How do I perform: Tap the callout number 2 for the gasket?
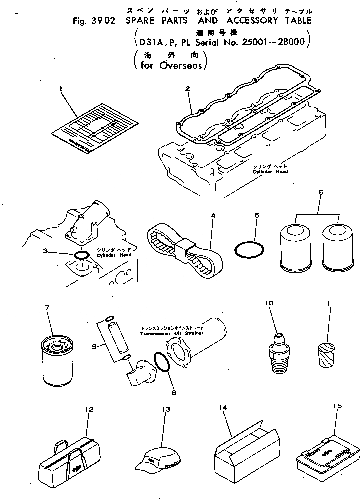(x=187, y=89)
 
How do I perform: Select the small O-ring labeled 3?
(x=82, y=255)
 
